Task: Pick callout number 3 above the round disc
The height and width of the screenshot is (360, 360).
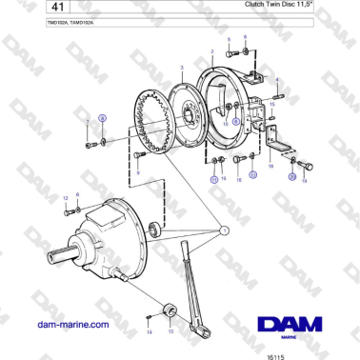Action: (x=180, y=69)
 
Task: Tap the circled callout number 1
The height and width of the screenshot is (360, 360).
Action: (x=224, y=229)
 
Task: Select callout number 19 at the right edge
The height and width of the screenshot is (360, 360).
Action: (x=305, y=178)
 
